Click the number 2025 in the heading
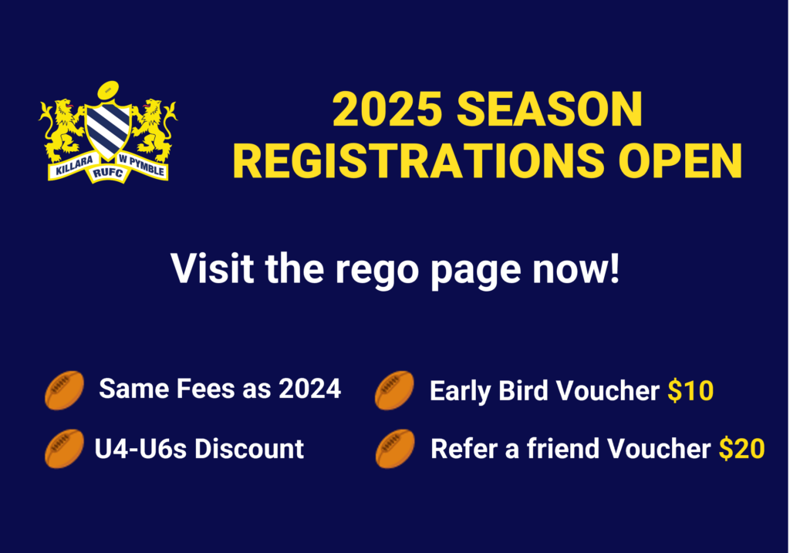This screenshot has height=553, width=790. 387,109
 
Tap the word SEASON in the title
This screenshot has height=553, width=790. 549,109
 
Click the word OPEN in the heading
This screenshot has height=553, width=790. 680,160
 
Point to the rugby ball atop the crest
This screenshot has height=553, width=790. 108,91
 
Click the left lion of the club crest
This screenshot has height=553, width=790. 62,130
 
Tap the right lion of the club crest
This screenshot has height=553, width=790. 154,130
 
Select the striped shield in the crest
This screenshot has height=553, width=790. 108,130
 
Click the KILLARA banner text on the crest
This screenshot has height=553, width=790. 74,165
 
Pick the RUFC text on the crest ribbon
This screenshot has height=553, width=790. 108,174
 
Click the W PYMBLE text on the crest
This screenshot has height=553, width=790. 142,164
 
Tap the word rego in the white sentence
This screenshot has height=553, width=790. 376,271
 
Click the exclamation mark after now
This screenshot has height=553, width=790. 614,268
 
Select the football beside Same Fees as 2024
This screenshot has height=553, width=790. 65,389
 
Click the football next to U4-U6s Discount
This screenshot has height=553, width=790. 65,448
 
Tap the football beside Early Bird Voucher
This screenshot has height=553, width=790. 394,389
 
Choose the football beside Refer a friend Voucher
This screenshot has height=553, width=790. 395,448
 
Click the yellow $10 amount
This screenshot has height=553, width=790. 690,390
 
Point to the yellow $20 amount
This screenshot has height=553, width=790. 742,448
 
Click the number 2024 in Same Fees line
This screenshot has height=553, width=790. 310,389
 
